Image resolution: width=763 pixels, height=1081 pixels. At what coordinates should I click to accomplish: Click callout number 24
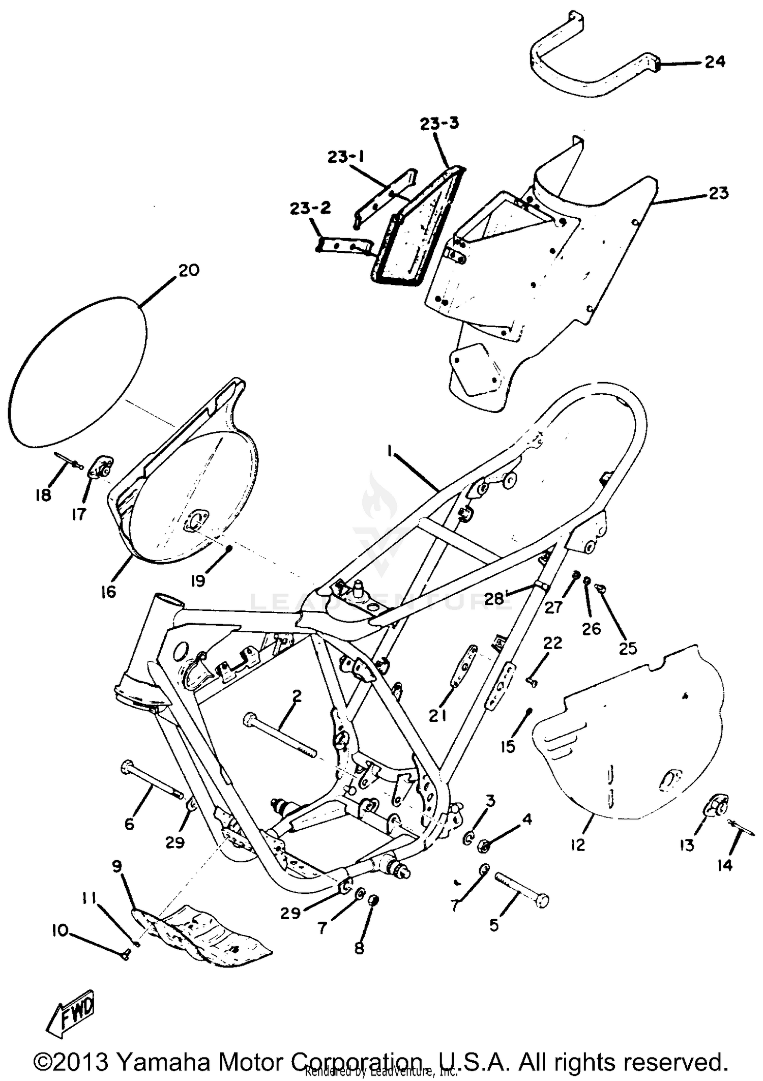(715, 62)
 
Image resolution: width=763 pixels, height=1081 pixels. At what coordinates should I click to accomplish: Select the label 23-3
(439, 124)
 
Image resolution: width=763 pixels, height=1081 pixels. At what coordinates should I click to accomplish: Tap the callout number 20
(189, 270)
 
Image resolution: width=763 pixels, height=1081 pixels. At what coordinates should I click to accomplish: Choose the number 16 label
(108, 592)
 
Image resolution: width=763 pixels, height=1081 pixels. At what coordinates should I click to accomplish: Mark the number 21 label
(437, 716)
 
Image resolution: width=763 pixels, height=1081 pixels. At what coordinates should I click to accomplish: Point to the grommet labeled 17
(102, 467)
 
